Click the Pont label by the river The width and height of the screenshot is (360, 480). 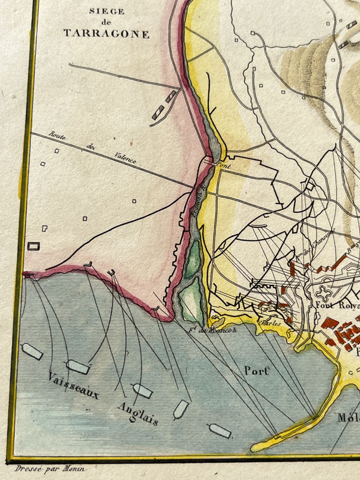(223, 167)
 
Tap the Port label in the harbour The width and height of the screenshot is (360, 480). (256, 371)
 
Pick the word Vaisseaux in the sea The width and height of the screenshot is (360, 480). (74, 387)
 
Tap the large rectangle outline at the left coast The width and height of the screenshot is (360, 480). (35, 246)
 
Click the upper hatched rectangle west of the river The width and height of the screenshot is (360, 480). (171, 96)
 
